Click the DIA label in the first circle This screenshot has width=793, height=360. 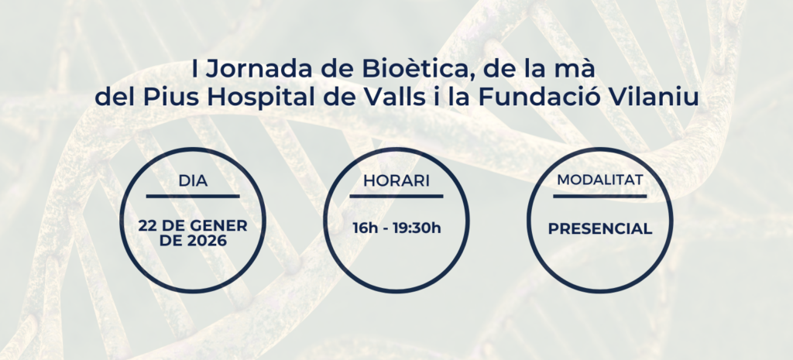coord(193,181)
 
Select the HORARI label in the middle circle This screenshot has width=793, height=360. coord(396,181)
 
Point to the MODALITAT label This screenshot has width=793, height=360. coord(600,180)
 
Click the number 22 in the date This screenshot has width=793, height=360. coord(147,226)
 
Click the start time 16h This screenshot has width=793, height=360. coord(366,228)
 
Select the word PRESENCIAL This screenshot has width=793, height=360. coord(600,229)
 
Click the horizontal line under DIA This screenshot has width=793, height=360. coord(193,196)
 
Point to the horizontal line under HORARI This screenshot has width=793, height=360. coord(396,196)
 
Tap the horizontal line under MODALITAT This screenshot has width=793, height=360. coord(600,196)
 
